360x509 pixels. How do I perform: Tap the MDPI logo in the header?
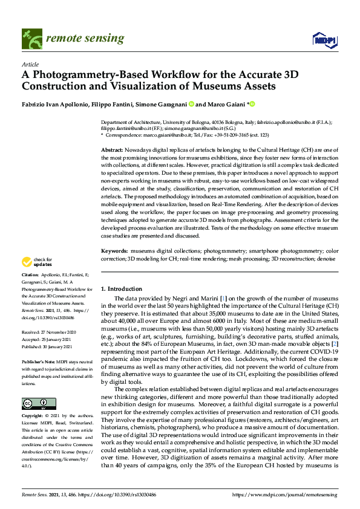pyautogui.click(x=324, y=39)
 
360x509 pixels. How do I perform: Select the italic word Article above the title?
pyautogui.click(x=30, y=64)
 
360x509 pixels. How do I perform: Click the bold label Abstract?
pyautogui.click(x=113, y=149)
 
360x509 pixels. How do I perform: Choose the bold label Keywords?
pyautogui.click(x=114, y=250)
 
